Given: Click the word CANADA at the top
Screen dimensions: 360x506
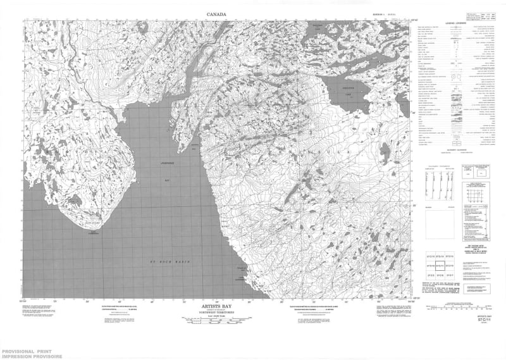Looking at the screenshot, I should [x=216, y=13].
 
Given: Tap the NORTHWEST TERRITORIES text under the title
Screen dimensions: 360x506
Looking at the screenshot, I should [x=216, y=314].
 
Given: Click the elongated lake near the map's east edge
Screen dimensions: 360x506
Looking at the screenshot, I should [x=385, y=149].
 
